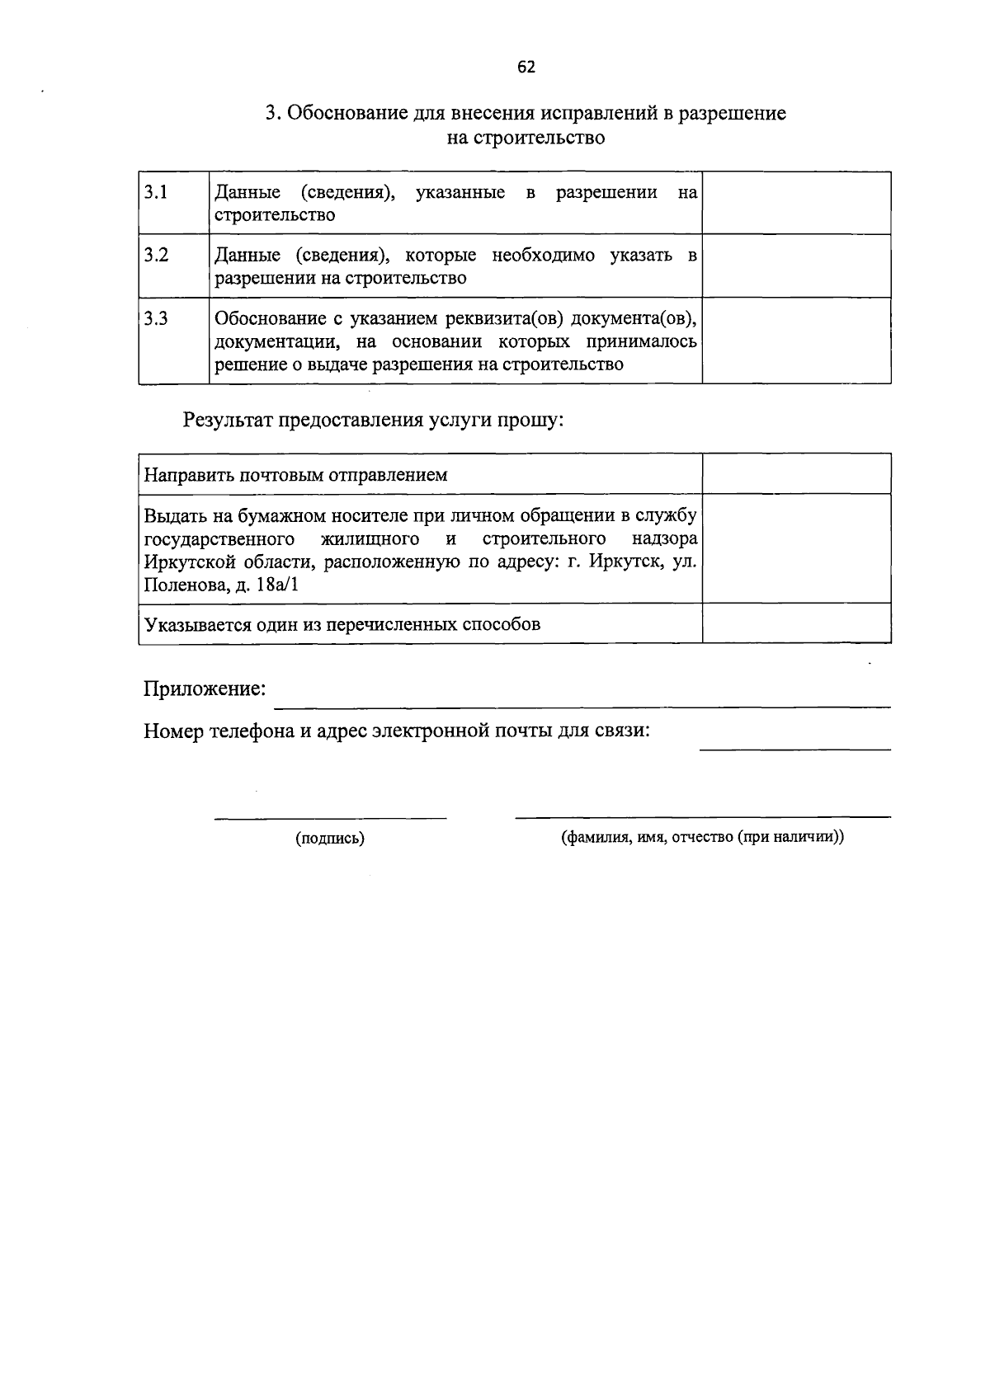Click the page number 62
tap(526, 68)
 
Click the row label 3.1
tap(156, 192)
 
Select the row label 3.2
tap(156, 255)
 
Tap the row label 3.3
tap(156, 318)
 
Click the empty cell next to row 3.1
tap(796, 203)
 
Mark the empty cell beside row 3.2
tap(796, 266)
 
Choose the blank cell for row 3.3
tap(796, 340)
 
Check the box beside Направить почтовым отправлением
tap(796, 473)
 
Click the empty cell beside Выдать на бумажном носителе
tap(796, 548)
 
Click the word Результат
tap(227, 421)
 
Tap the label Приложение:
tap(205, 689)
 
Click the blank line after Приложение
tap(582, 705)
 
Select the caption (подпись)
tap(330, 839)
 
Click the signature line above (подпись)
tap(330, 817)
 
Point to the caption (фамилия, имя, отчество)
tap(702, 838)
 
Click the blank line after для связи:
tap(794, 748)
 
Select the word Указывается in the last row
tap(191, 624)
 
